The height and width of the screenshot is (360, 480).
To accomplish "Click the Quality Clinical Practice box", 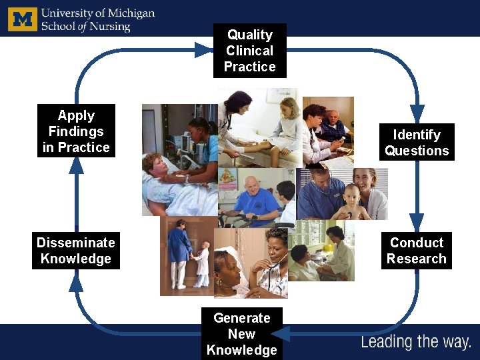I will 249,51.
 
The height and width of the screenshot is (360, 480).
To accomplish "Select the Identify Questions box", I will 417,143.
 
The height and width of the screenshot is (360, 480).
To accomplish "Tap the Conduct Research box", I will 417,251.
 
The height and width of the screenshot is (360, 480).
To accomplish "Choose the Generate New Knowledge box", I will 242,334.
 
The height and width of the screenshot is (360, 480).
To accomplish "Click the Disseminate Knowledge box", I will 76,251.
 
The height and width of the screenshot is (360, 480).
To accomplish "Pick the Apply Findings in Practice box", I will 76,131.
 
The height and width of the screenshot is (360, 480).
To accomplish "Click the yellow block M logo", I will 23,19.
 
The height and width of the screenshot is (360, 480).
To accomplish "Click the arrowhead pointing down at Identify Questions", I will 417,113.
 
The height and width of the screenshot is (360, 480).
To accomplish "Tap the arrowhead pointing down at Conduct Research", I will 417,221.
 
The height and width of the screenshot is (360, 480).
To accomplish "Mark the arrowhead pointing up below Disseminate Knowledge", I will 76,283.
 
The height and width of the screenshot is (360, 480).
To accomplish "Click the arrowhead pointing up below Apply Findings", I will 77,165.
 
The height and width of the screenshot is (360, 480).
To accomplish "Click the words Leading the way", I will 416,343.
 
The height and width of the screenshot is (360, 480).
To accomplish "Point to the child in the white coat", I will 201,263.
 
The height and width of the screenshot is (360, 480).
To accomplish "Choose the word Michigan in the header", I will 131,13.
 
